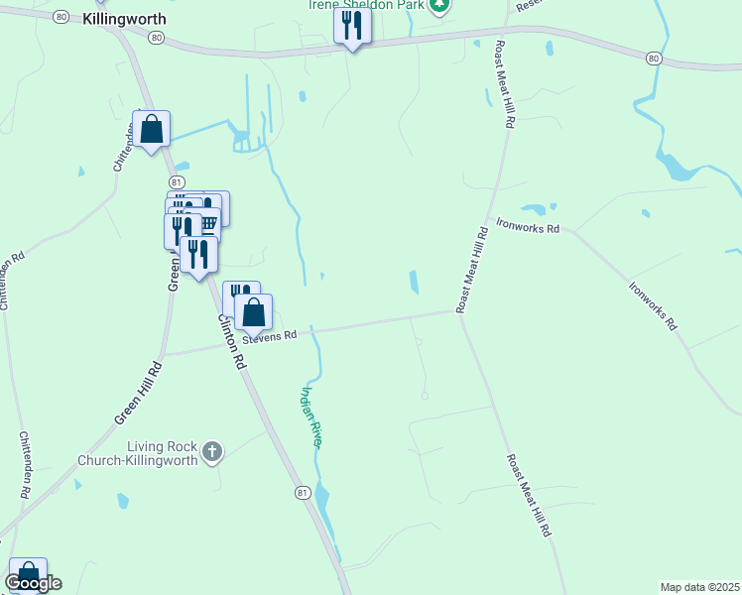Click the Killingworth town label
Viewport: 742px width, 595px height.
[124, 19]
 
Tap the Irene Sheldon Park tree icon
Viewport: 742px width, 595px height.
[440, 5]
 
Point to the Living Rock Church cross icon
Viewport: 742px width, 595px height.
[211, 452]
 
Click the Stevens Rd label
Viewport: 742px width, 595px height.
[276, 336]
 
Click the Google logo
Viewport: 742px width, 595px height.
[33, 583]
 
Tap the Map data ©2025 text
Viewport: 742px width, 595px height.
[699, 587]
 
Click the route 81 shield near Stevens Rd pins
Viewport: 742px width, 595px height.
[176, 182]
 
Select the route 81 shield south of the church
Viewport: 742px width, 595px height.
[304, 492]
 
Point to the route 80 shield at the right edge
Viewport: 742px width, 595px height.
[653, 59]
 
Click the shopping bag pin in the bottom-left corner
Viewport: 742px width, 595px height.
[27, 574]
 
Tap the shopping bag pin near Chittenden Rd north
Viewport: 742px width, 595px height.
[151, 129]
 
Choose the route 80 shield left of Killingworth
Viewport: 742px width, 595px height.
[61, 17]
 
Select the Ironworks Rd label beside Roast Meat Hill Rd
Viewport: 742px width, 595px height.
[528, 227]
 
